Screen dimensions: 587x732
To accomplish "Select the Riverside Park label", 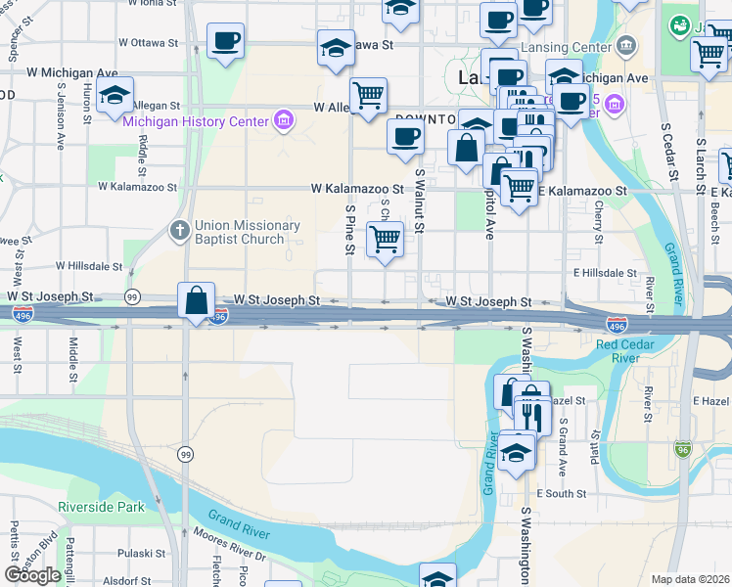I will click(x=101, y=507).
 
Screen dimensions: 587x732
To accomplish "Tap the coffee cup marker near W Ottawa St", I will click(x=226, y=41).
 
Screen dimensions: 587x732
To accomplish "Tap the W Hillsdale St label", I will click(x=89, y=265).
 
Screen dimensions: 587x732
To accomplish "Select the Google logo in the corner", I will click(x=32, y=575).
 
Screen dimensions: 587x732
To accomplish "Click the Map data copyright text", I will click(x=691, y=579).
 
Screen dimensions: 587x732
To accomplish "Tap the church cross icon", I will click(x=179, y=232).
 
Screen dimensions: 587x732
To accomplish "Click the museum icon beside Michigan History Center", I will click(x=284, y=120).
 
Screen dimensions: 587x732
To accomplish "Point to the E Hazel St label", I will click(x=710, y=401).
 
